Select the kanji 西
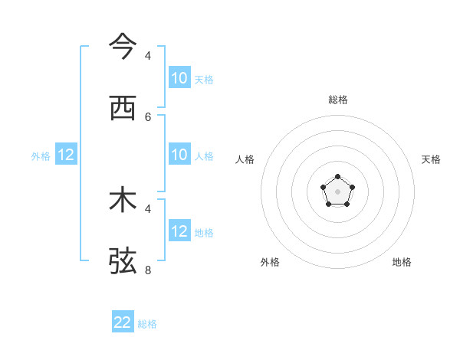point(123,109)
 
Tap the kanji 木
point(123,201)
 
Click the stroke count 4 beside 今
point(148,55)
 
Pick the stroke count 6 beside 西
point(148,116)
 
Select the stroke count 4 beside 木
point(148,208)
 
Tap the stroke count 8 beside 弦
point(148,270)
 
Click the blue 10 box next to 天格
point(179,77)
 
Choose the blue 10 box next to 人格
point(179,155)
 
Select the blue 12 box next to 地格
point(179,231)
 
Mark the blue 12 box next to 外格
point(66,155)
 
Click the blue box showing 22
point(123,322)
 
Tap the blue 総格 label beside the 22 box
point(147,324)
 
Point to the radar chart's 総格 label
point(338,100)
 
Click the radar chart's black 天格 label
point(431,159)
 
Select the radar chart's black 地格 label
point(402,262)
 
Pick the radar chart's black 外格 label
point(270,262)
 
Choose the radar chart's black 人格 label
point(245,159)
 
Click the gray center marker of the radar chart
point(337,191)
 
